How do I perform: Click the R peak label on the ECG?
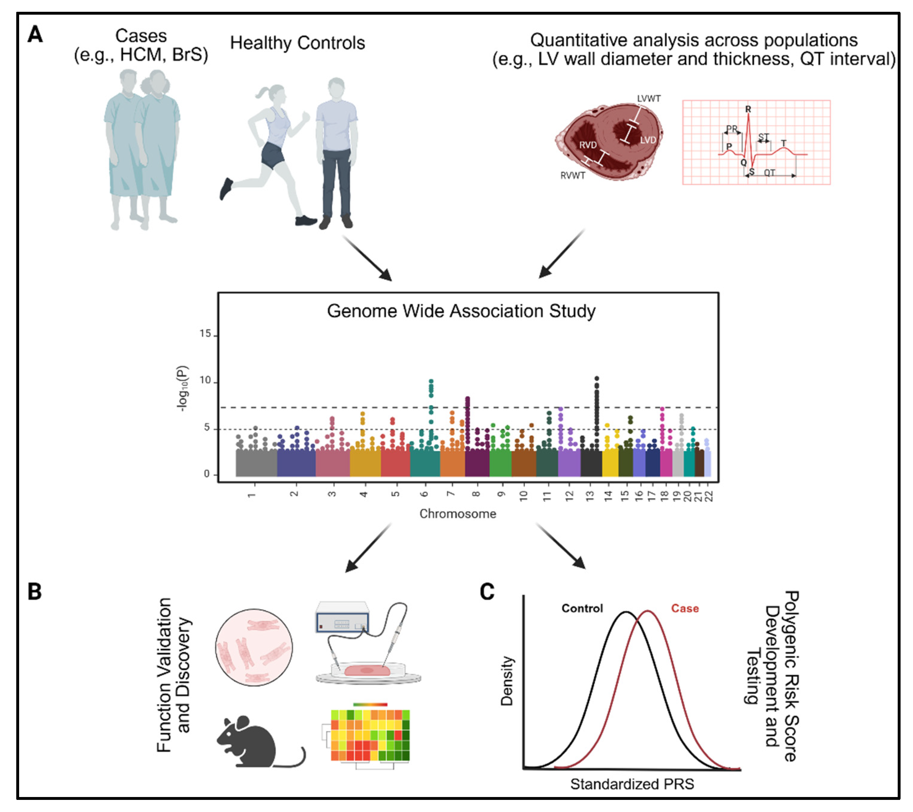click(x=748, y=109)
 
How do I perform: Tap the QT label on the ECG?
click(x=769, y=172)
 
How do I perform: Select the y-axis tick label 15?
click(x=205, y=334)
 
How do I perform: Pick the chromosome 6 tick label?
click(x=424, y=494)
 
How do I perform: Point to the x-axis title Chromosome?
click(x=457, y=514)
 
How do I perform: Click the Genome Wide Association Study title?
click(x=461, y=311)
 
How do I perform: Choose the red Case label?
click(x=685, y=608)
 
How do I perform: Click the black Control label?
click(x=582, y=608)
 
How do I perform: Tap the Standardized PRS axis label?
click(x=632, y=784)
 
